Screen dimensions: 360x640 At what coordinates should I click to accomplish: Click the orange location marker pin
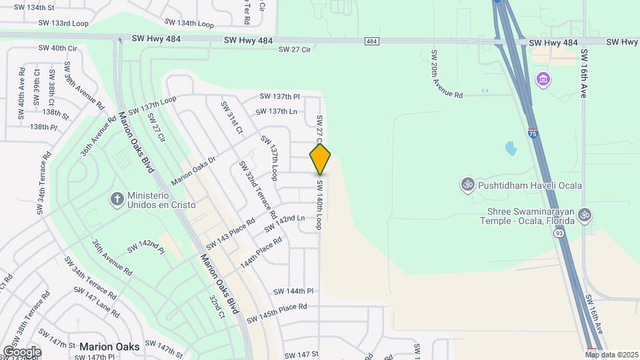[321, 159]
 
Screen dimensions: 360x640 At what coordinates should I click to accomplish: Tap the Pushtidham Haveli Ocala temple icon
[468, 183]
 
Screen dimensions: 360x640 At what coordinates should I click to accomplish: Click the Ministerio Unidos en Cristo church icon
[117, 199]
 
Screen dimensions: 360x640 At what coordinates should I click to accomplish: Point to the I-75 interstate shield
[533, 133]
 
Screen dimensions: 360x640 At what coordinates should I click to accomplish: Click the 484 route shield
[372, 41]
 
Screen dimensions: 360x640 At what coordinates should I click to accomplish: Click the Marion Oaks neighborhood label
[109, 347]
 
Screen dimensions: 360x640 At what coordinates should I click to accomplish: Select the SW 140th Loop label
[320, 205]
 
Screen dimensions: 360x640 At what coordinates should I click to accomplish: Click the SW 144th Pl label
[293, 291]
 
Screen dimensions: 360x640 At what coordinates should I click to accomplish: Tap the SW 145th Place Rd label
[277, 311]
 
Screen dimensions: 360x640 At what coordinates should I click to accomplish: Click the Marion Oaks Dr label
[194, 171]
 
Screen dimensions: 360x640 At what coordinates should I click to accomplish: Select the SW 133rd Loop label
[63, 23]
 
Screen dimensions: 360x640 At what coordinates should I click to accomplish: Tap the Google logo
[22, 351]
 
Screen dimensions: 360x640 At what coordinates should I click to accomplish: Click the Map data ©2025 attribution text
[612, 355]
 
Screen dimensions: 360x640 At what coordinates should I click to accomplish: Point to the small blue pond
[511, 148]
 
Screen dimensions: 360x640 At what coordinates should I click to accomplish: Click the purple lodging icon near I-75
[543, 80]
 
